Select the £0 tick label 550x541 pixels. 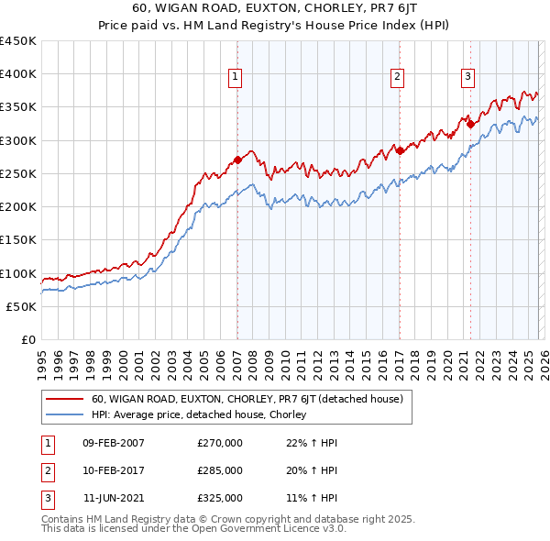click(27, 340)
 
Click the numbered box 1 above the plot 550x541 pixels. click(236, 77)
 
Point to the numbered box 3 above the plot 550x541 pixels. click(468, 77)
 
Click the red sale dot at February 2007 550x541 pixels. click(237, 160)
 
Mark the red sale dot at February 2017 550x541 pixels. click(400, 149)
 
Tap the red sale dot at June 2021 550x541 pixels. click(470, 123)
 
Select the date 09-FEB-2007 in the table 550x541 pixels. click(114, 443)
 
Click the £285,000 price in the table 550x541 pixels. click(220, 470)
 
